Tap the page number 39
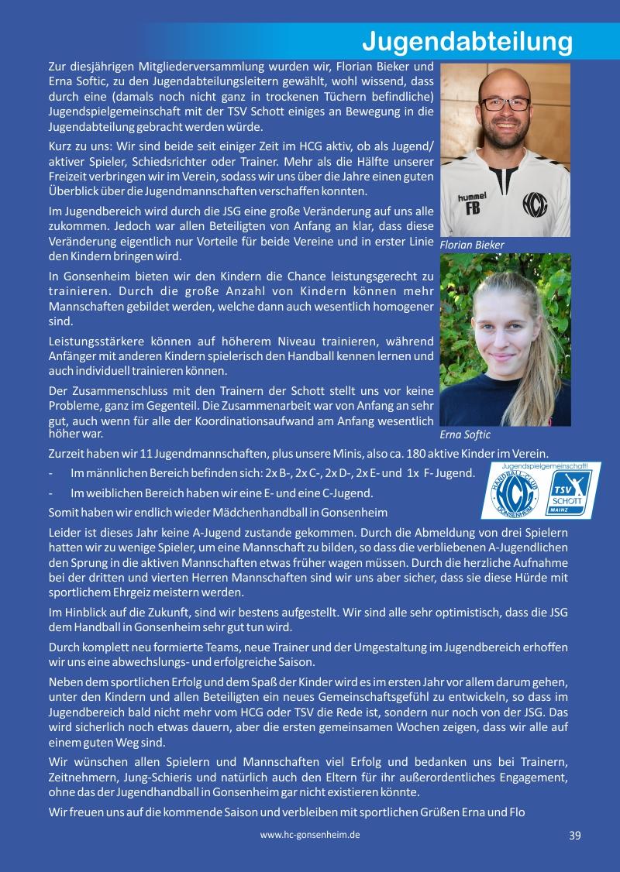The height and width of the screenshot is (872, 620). [x=574, y=835]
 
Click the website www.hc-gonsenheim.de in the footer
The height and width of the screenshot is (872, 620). [x=310, y=835]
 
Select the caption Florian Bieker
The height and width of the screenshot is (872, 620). [x=472, y=245]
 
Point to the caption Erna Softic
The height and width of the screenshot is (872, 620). [x=465, y=434]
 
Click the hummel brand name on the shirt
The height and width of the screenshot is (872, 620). [x=472, y=196]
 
